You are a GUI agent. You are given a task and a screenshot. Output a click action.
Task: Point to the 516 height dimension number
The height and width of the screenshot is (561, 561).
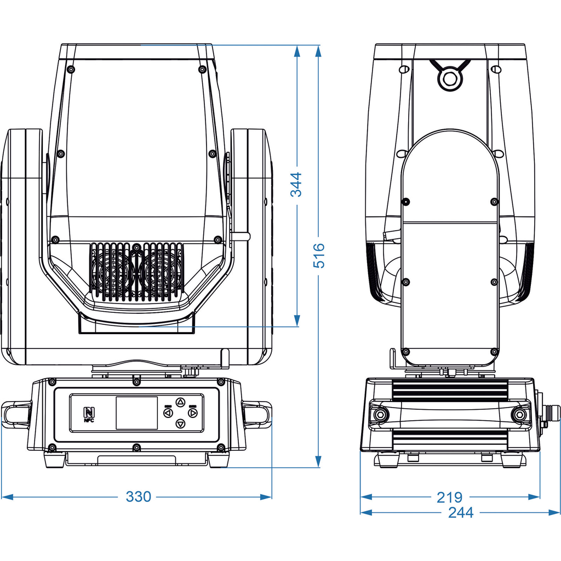click(x=319, y=255)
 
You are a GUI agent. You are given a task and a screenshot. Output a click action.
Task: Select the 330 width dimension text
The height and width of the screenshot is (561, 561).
click(x=138, y=497)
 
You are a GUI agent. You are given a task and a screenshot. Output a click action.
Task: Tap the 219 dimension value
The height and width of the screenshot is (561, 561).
click(x=449, y=497)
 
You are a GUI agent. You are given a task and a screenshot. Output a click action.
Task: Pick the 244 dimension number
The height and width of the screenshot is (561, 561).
click(x=460, y=512)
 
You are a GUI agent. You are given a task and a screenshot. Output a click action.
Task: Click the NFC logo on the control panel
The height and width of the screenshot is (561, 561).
click(x=89, y=414)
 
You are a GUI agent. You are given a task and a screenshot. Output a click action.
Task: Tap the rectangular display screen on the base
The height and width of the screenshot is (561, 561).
click(x=136, y=413)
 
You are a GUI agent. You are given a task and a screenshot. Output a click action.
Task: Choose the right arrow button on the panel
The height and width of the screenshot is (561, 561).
click(x=193, y=413)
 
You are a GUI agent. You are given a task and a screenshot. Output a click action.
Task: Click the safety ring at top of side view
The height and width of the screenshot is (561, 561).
click(x=450, y=78)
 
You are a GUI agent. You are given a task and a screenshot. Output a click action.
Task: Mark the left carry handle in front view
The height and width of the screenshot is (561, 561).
click(x=16, y=414)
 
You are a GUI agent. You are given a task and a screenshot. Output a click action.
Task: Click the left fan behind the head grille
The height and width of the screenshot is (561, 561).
click(x=113, y=271)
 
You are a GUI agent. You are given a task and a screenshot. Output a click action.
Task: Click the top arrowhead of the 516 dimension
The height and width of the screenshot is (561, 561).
click(x=319, y=50)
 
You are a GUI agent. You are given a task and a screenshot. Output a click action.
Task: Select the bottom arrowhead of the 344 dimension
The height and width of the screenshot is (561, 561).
click(x=297, y=321)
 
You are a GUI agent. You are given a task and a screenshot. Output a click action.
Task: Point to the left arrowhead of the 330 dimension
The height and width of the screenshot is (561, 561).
click(x=7, y=497)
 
